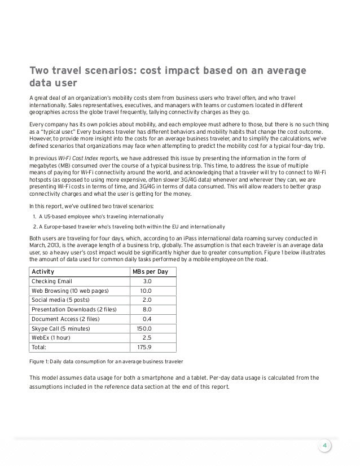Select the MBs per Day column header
click(151, 272)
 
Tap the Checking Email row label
click(52, 282)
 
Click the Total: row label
click(39, 347)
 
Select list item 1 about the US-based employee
click(99, 216)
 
